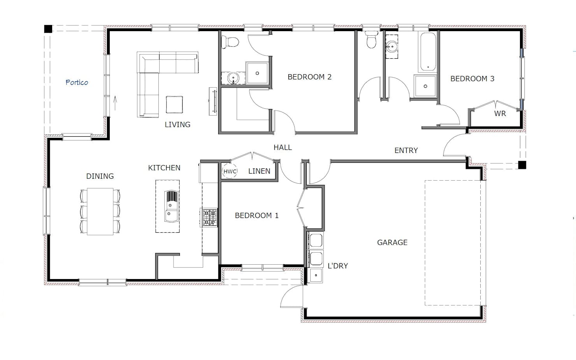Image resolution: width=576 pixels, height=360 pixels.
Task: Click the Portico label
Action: [x=77, y=82]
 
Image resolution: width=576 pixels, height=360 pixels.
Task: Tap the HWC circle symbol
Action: [x=230, y=171]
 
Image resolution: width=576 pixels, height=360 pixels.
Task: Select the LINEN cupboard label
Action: [x=259, y=171]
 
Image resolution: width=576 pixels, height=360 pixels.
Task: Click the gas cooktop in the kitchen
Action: [x=209, y=218]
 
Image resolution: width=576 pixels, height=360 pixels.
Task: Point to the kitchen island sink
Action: [x=172, y=206]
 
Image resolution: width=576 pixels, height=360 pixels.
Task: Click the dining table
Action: [x=100, y=211]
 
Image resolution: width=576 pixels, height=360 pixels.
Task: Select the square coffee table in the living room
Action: [x=174, y=105]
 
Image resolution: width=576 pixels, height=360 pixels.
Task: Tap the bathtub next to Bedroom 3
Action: [x=428, y=52]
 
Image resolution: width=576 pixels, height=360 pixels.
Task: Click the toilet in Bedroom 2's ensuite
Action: [x=230, y=42]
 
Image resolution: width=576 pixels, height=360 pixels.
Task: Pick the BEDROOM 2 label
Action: [x=309, y=77]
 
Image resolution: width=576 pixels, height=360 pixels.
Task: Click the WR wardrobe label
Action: [x=500, y=113]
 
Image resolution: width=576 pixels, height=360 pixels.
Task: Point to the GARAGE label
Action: [x=392, y=242]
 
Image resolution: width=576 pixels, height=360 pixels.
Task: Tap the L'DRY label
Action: [x=338, y=266]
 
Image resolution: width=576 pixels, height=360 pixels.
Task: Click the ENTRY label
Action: [x=406, y=150]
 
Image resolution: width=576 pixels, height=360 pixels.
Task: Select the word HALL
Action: [x=283, y=148]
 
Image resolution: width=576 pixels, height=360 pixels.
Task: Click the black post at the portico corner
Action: [x=48, y=29]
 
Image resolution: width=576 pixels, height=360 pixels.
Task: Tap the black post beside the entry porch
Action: [x=522, y=165]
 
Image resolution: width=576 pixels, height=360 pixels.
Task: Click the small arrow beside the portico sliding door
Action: [x=115, y=103]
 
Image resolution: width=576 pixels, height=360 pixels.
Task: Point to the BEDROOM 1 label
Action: [x=256, y=215]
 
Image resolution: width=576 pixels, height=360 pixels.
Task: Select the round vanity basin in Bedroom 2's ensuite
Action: [x=233, y=78]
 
